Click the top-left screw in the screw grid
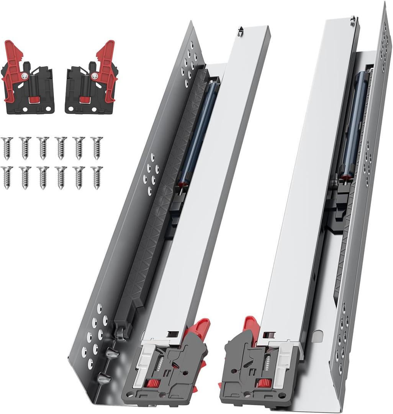[7, 147]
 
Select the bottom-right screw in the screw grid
[97, 177]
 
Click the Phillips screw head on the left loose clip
[25, 77]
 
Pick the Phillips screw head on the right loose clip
[94, 77]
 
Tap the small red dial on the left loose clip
[34, 100]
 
